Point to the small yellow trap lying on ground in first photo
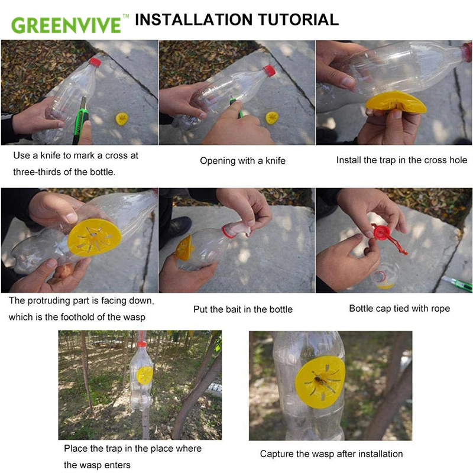[123, 118]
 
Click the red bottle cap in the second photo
[270, 70]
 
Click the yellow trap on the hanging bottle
[145, 374]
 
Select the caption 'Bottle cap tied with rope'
[399, 308]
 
